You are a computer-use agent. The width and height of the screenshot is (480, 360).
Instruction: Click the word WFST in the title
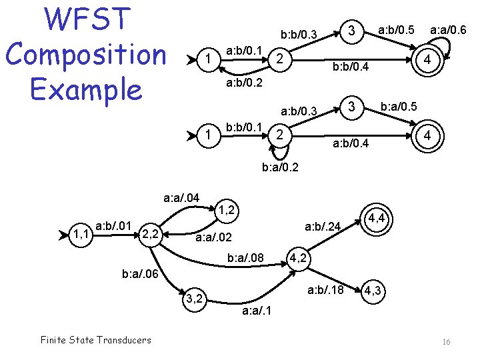point(85,19)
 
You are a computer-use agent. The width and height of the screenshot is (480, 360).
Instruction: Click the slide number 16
point(446,341)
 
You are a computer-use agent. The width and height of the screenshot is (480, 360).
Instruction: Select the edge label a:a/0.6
point(448,30)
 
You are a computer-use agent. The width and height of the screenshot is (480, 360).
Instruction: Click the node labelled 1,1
point(82,234)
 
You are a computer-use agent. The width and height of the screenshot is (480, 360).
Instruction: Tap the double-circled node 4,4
point(377,218)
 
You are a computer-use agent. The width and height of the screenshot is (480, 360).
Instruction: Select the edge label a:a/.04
point(181,197)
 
